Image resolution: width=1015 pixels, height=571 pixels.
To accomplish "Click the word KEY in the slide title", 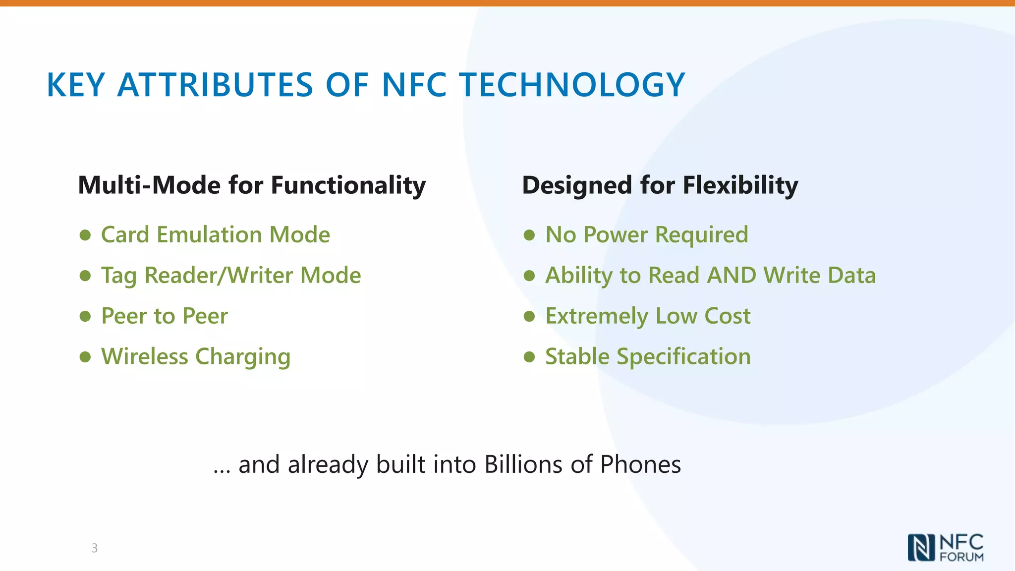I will click(75, 85).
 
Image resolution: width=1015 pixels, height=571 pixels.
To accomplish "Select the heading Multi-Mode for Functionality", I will click(252, 185).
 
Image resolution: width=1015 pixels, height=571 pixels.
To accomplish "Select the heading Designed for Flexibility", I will click(660, 185).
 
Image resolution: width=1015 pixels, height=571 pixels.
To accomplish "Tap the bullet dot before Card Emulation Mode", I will click(85, 235).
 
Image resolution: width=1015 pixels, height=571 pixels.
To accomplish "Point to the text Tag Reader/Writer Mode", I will click(231, 276).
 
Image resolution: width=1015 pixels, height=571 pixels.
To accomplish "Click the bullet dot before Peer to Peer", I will click(85, 316).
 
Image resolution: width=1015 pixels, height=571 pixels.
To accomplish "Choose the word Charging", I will click(243, 357).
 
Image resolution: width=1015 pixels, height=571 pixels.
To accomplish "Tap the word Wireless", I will click(145, 356).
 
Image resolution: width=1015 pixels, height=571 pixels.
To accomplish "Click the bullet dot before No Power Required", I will click(529, 235).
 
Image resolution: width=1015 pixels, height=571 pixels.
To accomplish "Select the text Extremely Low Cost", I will click(648, 316).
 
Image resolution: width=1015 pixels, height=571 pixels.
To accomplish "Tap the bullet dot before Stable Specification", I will click(529, 357).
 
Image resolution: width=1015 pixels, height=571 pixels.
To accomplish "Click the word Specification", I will click(683, 357).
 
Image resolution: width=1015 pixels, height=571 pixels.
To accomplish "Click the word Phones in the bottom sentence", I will click(640, 464).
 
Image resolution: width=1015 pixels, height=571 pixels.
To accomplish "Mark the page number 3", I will click(94, 548).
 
